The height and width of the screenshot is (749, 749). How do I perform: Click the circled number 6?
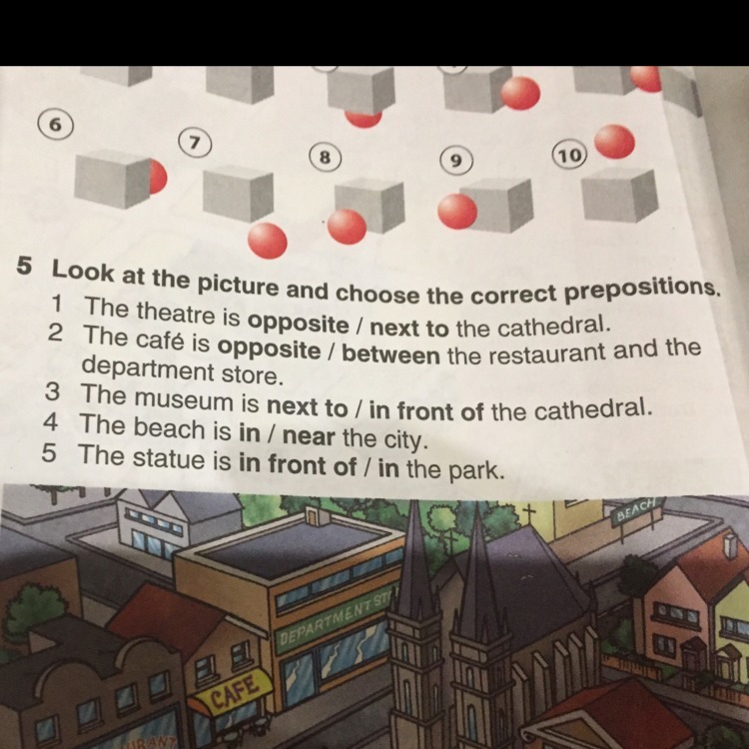57,124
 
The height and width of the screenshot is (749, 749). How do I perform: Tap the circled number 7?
197,141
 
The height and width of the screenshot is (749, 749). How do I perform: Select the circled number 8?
324,157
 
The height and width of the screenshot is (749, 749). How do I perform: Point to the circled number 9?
455,160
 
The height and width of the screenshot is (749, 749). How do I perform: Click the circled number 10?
568,155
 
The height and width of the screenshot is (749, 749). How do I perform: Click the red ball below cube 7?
267,240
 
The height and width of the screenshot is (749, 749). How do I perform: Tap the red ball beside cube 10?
614,142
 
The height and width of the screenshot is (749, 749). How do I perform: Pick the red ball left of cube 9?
457,211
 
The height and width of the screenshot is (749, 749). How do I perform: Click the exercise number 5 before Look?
25,268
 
